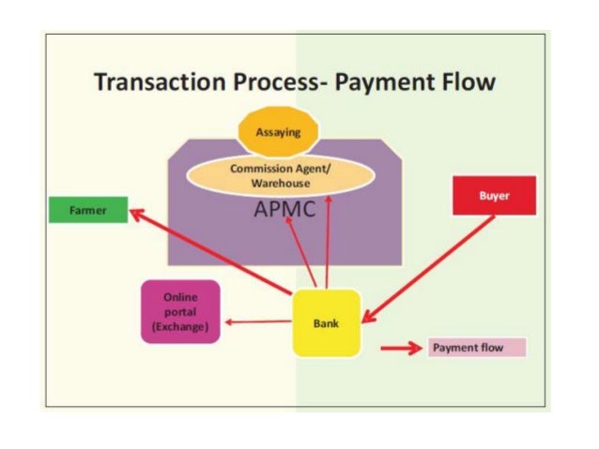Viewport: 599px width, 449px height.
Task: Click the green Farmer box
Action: tap(88, 211)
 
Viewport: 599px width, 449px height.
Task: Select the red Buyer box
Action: tap(494, 196)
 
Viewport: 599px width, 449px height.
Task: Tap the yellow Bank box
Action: tap(326, 323)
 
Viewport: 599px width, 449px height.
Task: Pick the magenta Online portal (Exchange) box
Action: tap(179, 312)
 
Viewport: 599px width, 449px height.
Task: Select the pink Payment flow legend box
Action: tap(477, 348)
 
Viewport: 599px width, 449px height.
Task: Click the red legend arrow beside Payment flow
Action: tap(400, 349)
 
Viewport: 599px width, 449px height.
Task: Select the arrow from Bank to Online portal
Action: tap(258, 322)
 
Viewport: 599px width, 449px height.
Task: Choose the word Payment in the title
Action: tap(387, 82)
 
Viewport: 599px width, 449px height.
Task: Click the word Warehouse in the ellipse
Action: tap(280, 183)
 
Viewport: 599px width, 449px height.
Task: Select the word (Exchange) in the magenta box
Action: tap(179, 326)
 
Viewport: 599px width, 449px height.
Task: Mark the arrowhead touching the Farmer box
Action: tap(135, 213)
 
